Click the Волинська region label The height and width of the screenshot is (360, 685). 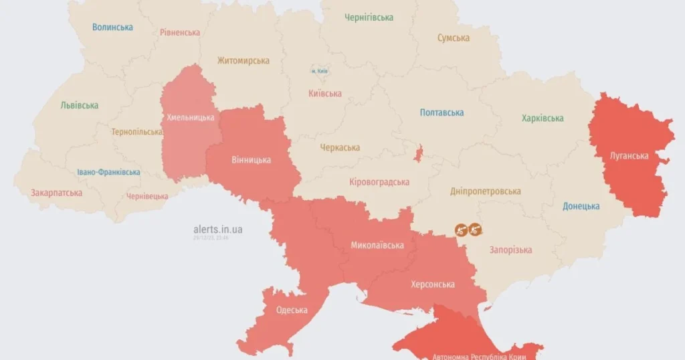tap(112, 27)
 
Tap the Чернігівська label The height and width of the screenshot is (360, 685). tap(369, 17)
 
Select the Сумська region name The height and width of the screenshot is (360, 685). tap(454, 38)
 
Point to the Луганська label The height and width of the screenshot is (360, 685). tap(629, 156)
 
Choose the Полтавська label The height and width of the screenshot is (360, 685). tap(442, 112)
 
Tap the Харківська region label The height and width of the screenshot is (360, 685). tap(543, 118)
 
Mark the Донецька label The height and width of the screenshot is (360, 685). tap(581, 206)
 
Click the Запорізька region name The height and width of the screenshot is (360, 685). tap(510, 250)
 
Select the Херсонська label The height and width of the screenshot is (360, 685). tap(433, 284)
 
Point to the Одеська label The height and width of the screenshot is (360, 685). tap(292, 310)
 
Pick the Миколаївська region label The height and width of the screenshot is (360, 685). tap(377, 246)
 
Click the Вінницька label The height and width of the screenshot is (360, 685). tap(252, 160)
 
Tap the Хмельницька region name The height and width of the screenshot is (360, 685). tap(191, 118)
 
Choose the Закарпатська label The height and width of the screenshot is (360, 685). tap(57, 193)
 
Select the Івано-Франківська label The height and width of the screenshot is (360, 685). tap(108, 172)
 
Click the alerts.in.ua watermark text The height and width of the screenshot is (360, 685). tap(218, 230)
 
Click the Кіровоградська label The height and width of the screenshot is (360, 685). tap(379, 182)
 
